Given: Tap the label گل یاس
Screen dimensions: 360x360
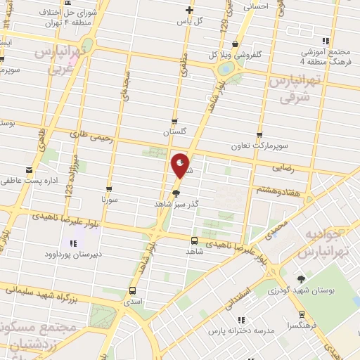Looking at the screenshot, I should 190,20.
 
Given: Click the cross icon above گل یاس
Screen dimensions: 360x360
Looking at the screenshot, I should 188,10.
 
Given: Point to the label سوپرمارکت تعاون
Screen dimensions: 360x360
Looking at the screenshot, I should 260,146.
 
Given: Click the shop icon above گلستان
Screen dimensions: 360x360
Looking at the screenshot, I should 174,122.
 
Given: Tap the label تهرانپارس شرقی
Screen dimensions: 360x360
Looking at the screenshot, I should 295,89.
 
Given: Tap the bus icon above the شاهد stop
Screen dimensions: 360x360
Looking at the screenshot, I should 194,240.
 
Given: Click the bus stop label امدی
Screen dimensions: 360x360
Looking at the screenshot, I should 132,301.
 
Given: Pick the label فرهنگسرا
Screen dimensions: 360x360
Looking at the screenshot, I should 302,326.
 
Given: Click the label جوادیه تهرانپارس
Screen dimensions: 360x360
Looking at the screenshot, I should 326,243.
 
